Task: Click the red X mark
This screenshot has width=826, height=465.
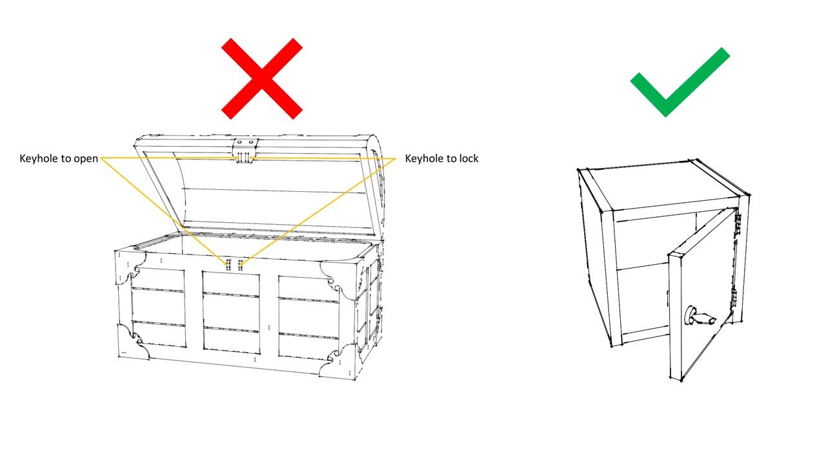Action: [261, 78]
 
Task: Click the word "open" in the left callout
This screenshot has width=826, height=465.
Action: [85, 158]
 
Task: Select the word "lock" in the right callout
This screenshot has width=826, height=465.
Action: [466, 158]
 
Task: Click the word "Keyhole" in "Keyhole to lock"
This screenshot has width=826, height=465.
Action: [425, 158]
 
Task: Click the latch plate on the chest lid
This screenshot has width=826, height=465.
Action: [245, 150]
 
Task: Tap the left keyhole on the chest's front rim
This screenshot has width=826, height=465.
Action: [228, 264]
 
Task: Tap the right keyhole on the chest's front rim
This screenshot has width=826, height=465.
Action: [240, 264]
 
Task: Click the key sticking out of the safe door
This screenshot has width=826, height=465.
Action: [698, 316]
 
